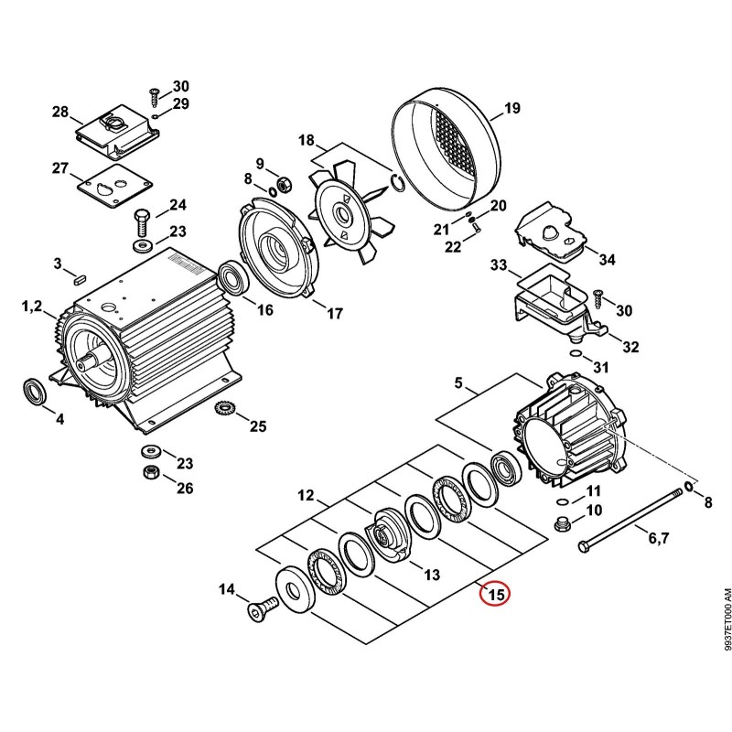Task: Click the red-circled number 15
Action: (496, 594)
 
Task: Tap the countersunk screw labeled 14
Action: (262, 608)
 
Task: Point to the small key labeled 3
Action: (79, 280)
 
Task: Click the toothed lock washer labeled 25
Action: (224, 410)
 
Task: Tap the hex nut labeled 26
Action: (151, 472)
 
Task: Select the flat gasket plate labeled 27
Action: (115, 186)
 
